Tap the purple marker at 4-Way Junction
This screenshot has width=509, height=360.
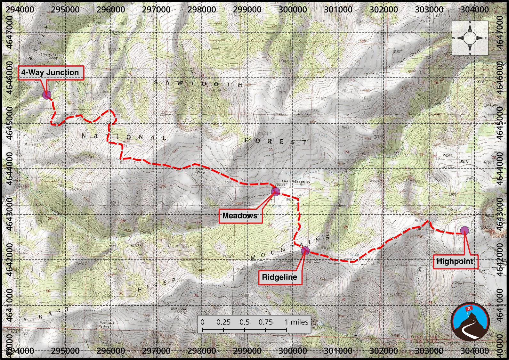pyautogui.click(x=47, y=95)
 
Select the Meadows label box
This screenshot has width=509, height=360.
pyautogui.click(x=240, y=216)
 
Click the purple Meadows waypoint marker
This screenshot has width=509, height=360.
pyautogui.click(x=275, y=192)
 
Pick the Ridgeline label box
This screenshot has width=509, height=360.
pyautogui.click(x=279, y=277)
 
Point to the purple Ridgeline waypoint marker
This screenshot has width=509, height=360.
pyautogui.click(x=305, y=250)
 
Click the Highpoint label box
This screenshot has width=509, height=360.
pyautogui.click(x=455, y=261)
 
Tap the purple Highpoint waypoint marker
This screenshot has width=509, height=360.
pyautogui.click(x=464, y=230)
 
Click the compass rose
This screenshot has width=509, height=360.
pyautogui.click(x=470, y=38)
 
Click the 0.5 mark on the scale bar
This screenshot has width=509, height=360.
pyautogui.click(x=244, y=322)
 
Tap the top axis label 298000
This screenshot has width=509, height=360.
pyautogui.click(x=202, y=9)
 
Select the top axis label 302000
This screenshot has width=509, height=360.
pyautogui.click(x=383, y=9)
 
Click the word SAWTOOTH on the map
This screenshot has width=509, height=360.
pyautogui.click(x=198, y=84)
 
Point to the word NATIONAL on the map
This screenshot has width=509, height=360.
pyautogui.click(x=124, y=137)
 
